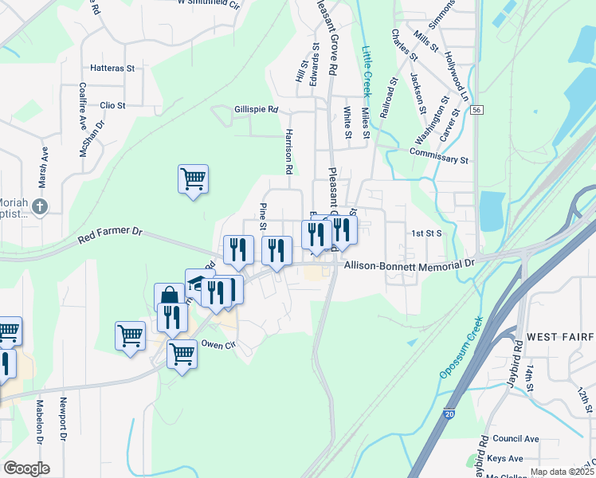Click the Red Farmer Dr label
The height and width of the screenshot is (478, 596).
click(110, 235)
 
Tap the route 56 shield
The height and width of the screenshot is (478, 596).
click(476, 110)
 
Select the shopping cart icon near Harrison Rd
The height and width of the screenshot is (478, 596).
click(193, 178)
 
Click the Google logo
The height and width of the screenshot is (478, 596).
click(26, 468)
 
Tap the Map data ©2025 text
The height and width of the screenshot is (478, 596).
click(562, 471)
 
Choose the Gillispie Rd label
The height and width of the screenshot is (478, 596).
click(256, 110)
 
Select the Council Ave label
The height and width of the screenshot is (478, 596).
click(516, 439)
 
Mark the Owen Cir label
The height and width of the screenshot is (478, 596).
click(219, 345)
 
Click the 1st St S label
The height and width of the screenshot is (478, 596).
click(426, 233)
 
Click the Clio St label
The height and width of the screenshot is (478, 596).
click(112, 105)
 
